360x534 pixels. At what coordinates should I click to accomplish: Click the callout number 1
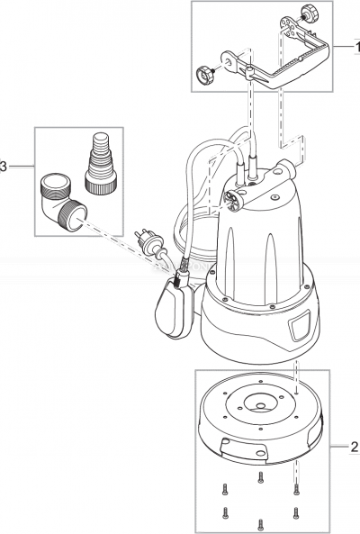[354, 44]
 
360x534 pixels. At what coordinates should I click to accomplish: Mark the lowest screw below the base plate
[260, 521]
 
